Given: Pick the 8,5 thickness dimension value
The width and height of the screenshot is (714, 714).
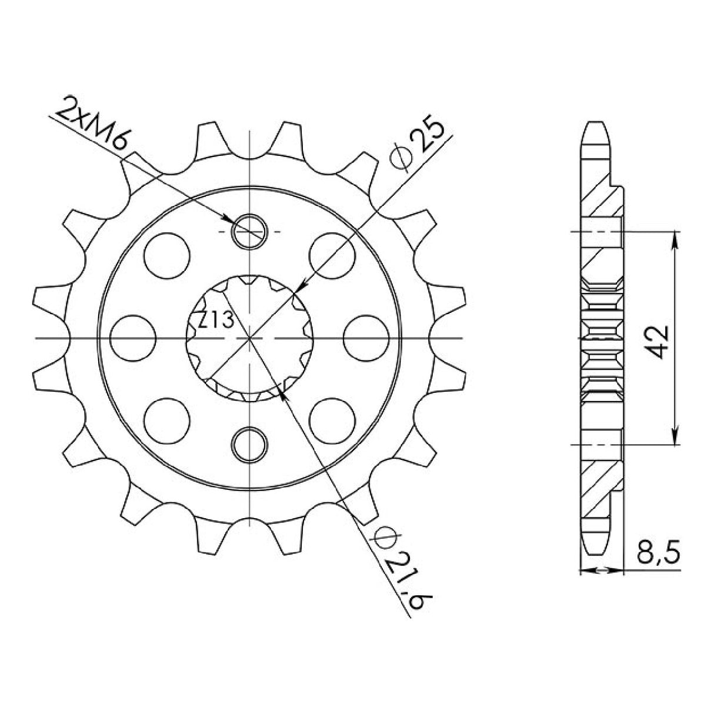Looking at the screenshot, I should coord(657,554).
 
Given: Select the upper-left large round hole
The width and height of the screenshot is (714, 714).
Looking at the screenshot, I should coord(168,256).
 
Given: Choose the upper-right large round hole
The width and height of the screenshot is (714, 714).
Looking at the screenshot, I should coord(332,256).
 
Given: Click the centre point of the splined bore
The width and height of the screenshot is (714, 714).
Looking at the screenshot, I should coord(250,339).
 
